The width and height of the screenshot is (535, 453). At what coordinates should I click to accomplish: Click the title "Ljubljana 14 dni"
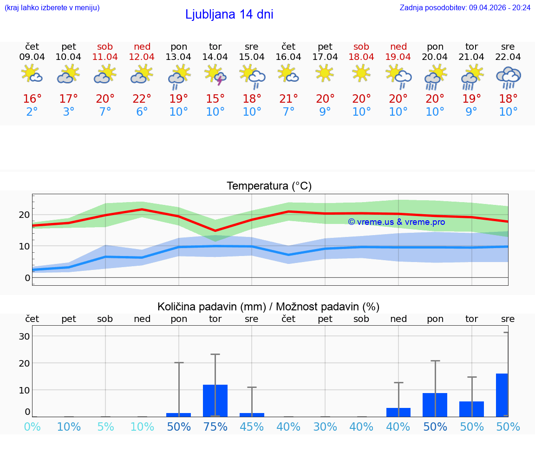(x=229, y=14)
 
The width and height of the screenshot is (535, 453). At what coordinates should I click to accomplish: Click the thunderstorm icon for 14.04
(x=215, y=75)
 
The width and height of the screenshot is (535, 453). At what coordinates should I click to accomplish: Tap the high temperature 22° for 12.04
(x=142, y=99)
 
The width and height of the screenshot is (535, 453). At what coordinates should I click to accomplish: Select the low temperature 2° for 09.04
(x=32, y=112)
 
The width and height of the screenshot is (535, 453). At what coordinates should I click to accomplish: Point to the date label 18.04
(x=361, y=57)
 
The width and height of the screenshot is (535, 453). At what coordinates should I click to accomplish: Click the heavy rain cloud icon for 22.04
(x=508, y=77)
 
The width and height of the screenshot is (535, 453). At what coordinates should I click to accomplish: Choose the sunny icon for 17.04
(x=325, y=72)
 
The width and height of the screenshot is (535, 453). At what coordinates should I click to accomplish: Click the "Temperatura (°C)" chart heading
(x=269, y=186)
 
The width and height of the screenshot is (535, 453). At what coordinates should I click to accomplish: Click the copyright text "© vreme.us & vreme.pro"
(x=397, y=222)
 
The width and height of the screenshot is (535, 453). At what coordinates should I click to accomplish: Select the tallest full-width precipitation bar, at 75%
(x=215, y=400)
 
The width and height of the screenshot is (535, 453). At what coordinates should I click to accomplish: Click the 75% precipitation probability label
(x=215, y=427)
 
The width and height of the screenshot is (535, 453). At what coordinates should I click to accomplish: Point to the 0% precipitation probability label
(x=32, y=427)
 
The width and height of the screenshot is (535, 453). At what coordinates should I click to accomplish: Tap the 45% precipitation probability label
(x=252, y=427)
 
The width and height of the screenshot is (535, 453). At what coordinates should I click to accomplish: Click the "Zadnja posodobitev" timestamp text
(x=465, y=7)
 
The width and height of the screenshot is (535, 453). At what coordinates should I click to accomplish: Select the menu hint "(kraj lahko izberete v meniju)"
(x=52, y=7)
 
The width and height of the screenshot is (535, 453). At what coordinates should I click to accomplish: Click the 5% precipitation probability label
(x=105, y=427)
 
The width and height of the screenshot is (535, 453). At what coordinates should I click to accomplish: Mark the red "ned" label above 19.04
(x=398, y=46)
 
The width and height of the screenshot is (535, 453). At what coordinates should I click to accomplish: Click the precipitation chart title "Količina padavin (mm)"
(x=212, y=307)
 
